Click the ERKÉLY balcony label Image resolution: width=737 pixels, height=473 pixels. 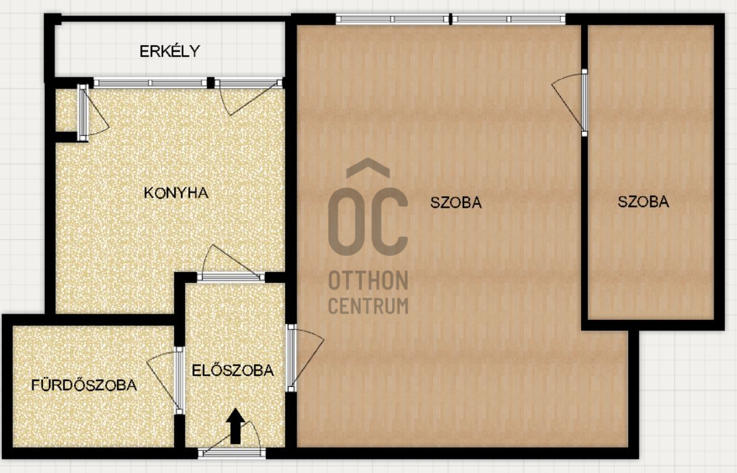(x=169, y=51)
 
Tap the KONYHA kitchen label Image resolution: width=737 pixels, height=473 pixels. (x=176, y=193)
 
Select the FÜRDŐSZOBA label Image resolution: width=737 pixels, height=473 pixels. (x=84, y=385)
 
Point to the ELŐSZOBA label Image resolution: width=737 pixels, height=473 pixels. (x=233, y=370)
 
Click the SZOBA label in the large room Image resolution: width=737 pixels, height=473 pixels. (x=456, y=202)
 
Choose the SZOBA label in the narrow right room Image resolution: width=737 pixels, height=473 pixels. (x=643, y=202)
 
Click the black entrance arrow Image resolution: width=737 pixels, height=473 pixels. (x=235, y=427)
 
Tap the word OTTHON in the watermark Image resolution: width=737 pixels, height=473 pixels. (x=368, y=280)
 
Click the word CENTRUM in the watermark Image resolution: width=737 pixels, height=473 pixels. (x=368, y=306)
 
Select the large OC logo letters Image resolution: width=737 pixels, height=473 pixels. (x=368, y=221)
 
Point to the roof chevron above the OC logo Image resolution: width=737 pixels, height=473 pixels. (x=368, y=168)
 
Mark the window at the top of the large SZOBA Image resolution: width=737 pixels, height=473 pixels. (x=451, y=19)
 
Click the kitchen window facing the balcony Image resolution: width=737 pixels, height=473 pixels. (x=151, y=83)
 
